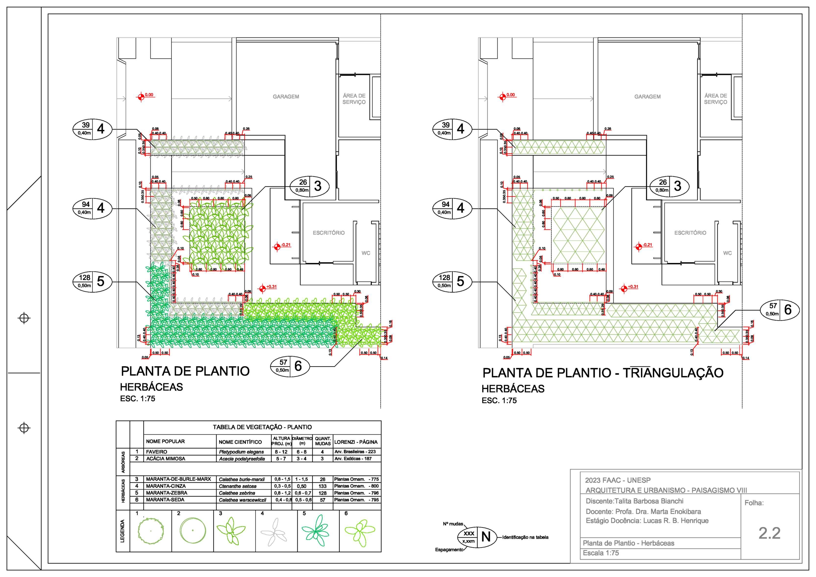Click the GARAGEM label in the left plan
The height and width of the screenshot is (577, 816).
click(x=286, y=97)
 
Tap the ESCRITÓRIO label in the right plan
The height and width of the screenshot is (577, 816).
click(x=690, y=233)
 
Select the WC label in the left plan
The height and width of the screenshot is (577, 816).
click(x=366, y=253)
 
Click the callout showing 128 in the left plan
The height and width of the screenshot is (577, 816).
click(x=92, y=281)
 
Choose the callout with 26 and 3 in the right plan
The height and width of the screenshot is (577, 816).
click(x=669, y=186)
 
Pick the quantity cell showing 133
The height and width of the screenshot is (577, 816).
click(x=322, y=486)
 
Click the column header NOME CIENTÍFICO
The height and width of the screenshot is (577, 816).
click(x=240, y=442)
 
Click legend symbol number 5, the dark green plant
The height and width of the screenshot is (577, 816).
click(x=316, y=531)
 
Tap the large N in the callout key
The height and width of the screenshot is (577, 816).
click(x=486, y=537)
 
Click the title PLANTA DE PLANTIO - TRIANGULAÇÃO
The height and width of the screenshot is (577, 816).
click(x=603, y=373)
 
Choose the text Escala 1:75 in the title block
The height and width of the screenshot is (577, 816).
click(x=601, y=553)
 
